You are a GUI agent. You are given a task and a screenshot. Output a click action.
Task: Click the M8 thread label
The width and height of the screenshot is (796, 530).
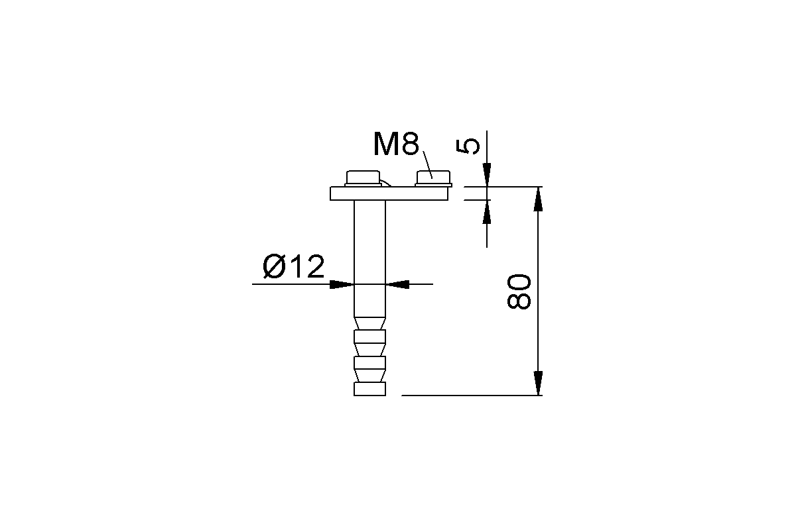click(396, 144)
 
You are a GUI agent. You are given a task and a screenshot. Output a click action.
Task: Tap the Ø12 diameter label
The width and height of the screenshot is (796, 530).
click(293, 266)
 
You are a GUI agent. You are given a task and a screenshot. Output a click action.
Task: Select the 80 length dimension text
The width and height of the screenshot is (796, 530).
click(519, 291)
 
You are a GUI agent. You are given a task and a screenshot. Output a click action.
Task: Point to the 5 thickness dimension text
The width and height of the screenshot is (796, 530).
click(468, 146)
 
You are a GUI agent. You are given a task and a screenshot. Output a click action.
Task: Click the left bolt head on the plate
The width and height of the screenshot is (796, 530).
click(364, 178)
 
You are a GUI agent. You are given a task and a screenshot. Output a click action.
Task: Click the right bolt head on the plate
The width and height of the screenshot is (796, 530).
click(434, 179)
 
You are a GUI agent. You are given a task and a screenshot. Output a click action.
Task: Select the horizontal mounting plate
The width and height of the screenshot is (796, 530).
click(389, 193)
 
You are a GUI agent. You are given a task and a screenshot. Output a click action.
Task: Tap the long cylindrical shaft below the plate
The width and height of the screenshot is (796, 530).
click(369, 258)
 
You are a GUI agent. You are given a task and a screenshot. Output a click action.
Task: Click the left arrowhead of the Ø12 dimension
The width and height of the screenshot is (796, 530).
click(342, 284)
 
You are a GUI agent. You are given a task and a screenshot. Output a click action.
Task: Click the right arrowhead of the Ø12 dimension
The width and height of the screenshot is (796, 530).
click(397, 284)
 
